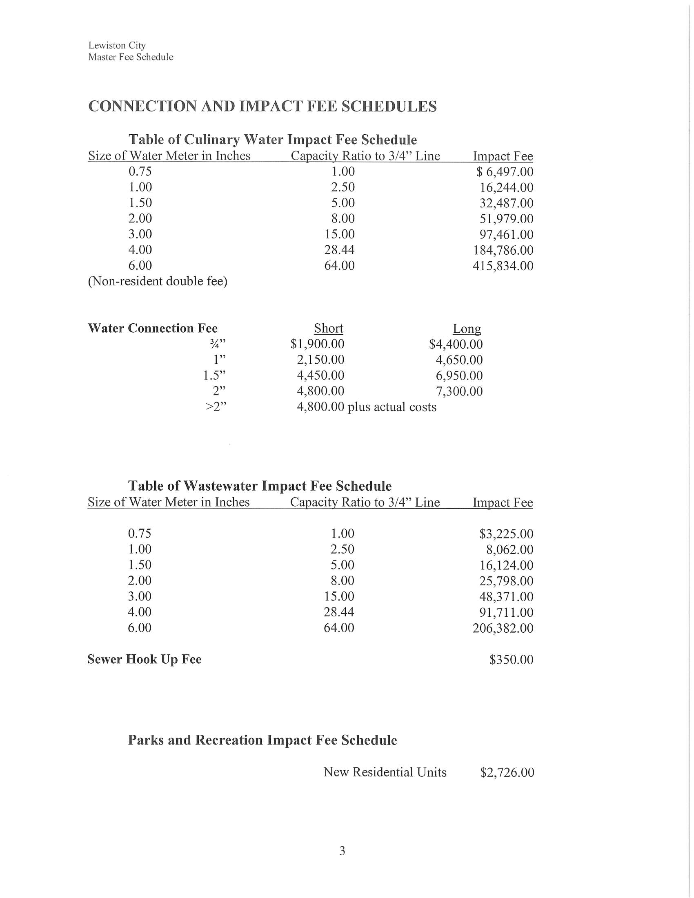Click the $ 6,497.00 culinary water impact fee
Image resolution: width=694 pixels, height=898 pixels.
pyautogui.click(x=505, y=172)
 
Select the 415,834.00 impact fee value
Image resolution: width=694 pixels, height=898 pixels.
pyautogui.click(x=503, y=266)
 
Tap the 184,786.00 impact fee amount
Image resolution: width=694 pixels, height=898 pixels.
pyautogui.click(x=503, y=250)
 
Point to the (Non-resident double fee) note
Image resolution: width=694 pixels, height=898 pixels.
pyautogui.click(x=158, y=282)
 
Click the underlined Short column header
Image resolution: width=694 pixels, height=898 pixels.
pyautogui.click(x=328, y=329)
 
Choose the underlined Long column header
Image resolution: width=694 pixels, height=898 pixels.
pyautogui.click(x=467, y=329)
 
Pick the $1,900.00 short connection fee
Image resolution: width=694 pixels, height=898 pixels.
pyautogui.click(x=317, y=344)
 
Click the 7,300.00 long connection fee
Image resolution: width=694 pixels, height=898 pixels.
pyautogui.click(x=459, y=391)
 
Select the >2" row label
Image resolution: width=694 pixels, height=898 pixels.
pyautogui.click(x=216, y=407)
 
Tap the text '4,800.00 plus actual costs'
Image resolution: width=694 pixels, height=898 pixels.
pyautogui.click(x=366, y=407)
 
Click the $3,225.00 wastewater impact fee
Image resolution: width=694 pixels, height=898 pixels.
pyautogui.click(x=506, y=534)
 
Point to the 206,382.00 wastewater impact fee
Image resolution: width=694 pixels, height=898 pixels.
pyautogui.click(x=503, y=628)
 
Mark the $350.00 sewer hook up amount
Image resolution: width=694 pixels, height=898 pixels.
pyautogui.click(x=511, y=660)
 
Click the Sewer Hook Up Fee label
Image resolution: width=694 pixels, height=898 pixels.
pyautogui.click(x=144, y=660)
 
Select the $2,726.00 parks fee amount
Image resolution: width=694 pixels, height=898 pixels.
pyautogui.click(x=507, y=772)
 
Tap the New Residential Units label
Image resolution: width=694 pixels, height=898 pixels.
pyautogui.click(x=385, y=772)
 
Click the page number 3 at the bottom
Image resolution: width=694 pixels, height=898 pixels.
pyautogui.click(x=342, y=851)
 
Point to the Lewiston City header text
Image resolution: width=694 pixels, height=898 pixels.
pyautogui.click(x=117, y=45)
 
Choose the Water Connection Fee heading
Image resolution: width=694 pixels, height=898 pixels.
pyautogui.click(x=153, y=329)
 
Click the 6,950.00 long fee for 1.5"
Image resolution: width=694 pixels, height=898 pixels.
pyautogui.click(x=459, y=376)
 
